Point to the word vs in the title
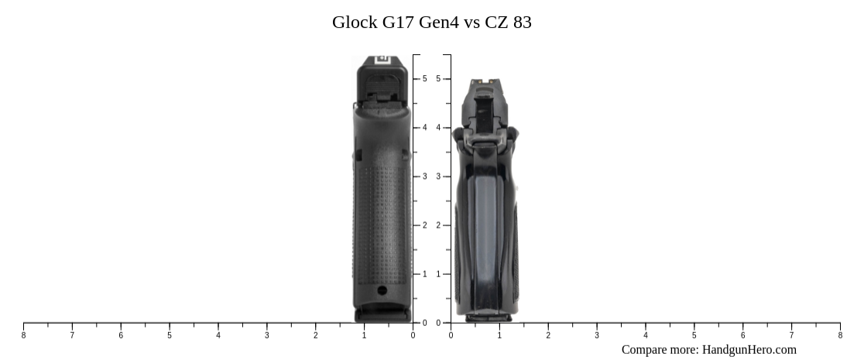pos(472,22)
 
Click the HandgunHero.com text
pos(749,349)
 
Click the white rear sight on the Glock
pos(382,60)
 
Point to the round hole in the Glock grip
pos(382,290)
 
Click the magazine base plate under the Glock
pos(382,315)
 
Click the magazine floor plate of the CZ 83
pos(488,317)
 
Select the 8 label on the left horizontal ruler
pos(23,335)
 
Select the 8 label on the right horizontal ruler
pos(840,335)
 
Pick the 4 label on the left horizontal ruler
pos(218,335)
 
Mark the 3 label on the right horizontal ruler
pos(597,335)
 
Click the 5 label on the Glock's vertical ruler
pos(424,79)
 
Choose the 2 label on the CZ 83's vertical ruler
pos(438,225)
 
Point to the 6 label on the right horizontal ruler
pos(742,335)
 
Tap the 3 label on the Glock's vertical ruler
pos(424,177)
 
